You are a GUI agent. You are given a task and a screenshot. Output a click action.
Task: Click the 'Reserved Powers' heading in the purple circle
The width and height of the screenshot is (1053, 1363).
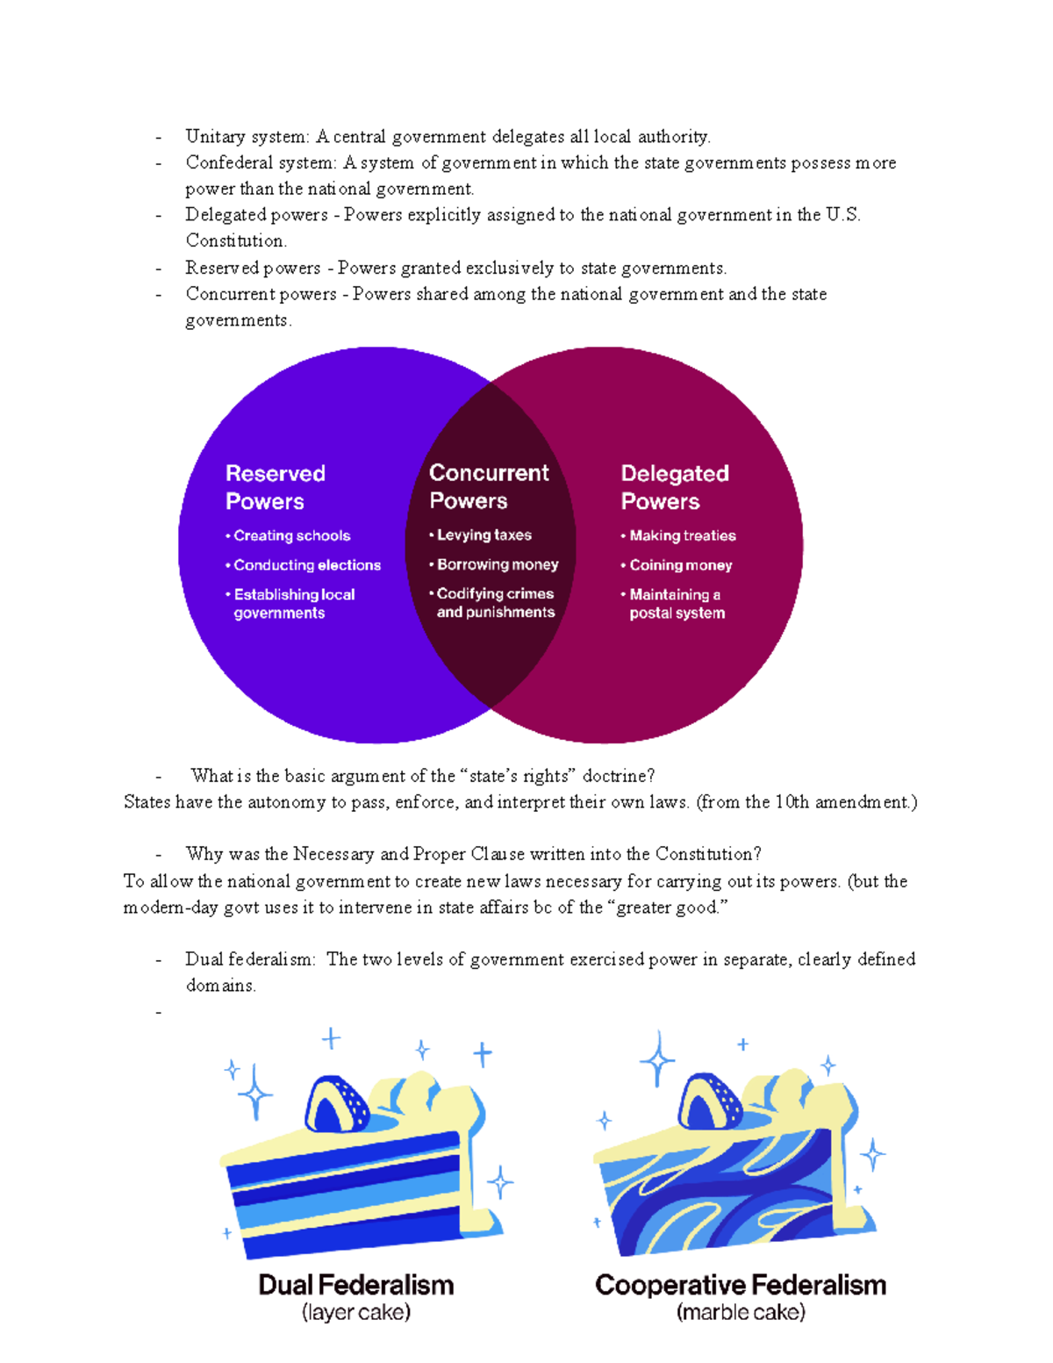click(275, 487)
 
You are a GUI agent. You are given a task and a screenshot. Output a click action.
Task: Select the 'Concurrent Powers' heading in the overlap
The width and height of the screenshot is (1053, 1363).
click(489, 486)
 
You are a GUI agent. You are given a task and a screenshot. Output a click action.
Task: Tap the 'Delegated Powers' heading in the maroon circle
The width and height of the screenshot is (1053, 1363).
click(674, 487)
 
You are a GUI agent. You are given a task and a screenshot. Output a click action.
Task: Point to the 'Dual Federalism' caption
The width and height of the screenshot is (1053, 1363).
click(356, 1285)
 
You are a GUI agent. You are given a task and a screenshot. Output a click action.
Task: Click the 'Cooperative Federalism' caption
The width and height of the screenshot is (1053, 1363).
click(741, 1285)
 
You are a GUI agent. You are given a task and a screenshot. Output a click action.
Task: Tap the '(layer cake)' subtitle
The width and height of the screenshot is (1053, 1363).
click(356, 1313)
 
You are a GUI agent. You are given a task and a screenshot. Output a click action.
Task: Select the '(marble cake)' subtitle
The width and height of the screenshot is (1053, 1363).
click(741, 1313)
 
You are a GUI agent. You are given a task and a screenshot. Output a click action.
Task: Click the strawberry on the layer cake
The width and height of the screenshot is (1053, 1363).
click(337, 1104)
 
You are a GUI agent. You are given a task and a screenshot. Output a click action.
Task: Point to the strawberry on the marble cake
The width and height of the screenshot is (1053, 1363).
click(712, 1101)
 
